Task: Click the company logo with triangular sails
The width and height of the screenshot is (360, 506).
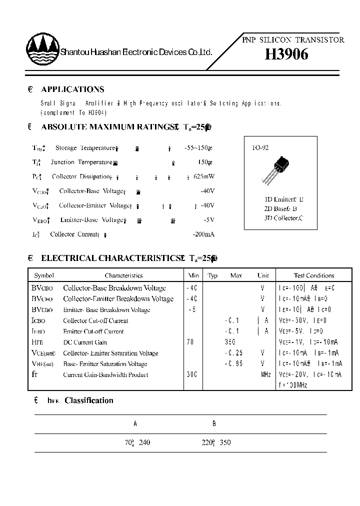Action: coord(42,50)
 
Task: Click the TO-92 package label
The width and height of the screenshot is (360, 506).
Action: coord(260,148)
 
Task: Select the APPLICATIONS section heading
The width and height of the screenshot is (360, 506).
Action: coord(72,89)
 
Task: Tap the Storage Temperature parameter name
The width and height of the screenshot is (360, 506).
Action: coord(85,148)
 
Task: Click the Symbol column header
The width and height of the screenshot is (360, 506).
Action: coord(44,275)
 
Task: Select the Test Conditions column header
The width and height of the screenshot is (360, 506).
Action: coord(314,275)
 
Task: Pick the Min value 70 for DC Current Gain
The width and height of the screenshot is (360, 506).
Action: coord(190,342)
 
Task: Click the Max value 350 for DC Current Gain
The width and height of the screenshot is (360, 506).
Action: coord(230,342)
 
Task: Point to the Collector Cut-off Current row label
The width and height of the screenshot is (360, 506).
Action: coord(95,321)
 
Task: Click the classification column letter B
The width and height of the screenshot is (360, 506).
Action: coord(214,423)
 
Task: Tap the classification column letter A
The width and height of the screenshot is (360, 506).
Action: coord(135,423)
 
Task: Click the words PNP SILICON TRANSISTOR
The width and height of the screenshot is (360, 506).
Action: coord(293,40)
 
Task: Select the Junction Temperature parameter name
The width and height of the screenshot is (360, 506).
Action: coord(81,162)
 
